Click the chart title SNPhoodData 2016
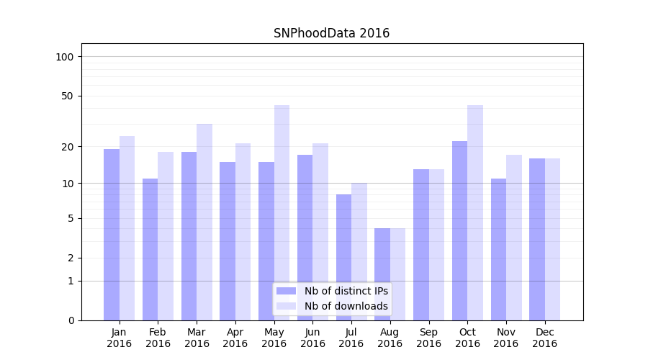point(331,33)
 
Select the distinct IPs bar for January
point(112,235)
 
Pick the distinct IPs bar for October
point(459,230)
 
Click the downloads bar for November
point(514,238)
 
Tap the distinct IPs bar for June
point(305,238)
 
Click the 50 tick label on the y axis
point(68,96)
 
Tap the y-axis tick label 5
point(71,218)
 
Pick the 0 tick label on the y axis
point(71,320)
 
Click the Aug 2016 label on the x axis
point(390,338)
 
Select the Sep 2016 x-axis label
point(428,338)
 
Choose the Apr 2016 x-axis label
point(235,338)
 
